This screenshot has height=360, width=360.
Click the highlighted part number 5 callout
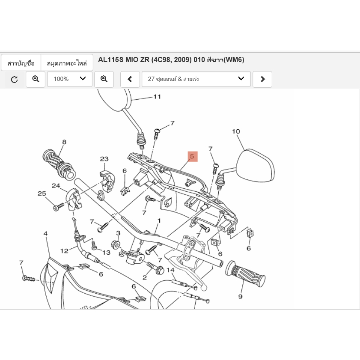coord(192,157)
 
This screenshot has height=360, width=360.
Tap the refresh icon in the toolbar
coord(15,79)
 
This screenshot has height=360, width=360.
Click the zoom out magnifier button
coord(36,79)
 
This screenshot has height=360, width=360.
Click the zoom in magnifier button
coord(104,79)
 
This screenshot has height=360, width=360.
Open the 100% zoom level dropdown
coord(69,79)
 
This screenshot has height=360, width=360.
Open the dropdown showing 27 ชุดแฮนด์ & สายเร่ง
coord(196,79)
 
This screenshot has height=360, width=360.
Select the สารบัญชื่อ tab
coord(21,63)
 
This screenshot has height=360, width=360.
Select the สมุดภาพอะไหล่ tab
coord(67,63)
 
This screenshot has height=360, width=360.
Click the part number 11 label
coord(157,97)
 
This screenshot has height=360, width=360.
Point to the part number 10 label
coord(236,131)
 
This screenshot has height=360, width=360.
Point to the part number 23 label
coord(104,159)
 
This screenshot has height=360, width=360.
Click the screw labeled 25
coord(57,207)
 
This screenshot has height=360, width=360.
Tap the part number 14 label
coord(170,270)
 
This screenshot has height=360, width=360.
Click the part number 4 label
coord(45,234)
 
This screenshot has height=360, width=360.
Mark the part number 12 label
coord(64,251)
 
